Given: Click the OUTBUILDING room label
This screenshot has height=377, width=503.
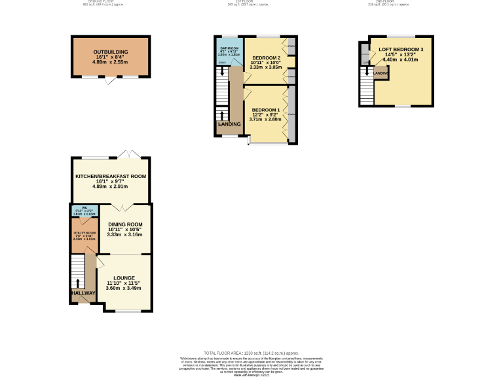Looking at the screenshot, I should (x=110, y=51).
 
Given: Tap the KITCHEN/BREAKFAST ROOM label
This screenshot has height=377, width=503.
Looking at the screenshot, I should (x=110, y=176).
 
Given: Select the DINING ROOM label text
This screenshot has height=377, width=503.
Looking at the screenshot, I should (x=124, y=223).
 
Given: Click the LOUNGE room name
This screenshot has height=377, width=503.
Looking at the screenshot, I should (x=124, y=278).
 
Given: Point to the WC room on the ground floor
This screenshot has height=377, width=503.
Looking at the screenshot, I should (x=84, y=211).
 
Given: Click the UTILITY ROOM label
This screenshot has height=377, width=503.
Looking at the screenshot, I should (x=84, y=233).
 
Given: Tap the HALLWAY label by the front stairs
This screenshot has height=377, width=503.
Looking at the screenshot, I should (x=83, y=293).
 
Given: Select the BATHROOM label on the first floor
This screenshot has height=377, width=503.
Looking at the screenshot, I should (x=229, y=48).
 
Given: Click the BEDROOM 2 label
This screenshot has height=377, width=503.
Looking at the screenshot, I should (x=266, y=58).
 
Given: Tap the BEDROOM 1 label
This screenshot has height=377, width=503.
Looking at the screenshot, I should (x=266, y=109).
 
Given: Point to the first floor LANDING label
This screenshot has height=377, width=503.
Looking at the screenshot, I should (x=229, y=124).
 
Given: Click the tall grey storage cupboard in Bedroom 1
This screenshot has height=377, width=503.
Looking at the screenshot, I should (x=292, y=114).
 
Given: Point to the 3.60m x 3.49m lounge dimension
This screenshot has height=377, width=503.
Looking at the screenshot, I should (x=124, y=288).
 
